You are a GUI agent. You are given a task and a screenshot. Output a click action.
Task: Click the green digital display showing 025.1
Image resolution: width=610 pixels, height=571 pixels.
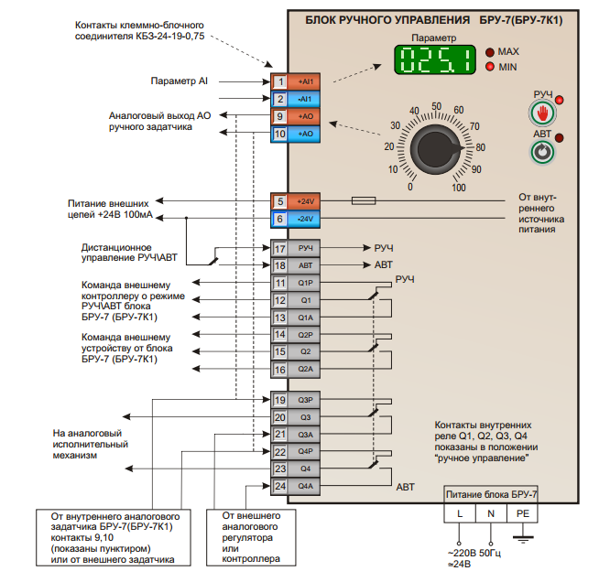tap(434, 59)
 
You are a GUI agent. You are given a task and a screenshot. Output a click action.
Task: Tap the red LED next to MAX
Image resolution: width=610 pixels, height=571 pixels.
tap(490, 51)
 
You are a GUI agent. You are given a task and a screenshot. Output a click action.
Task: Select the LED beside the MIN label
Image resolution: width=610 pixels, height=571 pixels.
tap(490, 67)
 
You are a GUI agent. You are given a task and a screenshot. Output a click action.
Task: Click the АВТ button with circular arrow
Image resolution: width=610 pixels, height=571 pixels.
tap(543, 152)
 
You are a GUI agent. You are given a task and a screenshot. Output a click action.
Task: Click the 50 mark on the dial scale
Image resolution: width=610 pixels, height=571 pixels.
tap(437, 106)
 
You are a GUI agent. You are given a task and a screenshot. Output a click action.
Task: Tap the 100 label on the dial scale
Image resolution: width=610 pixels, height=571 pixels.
tap(459, 188)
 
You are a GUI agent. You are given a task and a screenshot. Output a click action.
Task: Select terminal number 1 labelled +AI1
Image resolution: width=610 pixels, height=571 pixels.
tap(296, 81)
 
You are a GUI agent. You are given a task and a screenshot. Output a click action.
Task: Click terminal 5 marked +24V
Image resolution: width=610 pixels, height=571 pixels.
tap(296, 201)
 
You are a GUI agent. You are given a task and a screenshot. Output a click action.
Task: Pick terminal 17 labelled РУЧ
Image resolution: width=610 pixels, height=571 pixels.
tap(296, 248)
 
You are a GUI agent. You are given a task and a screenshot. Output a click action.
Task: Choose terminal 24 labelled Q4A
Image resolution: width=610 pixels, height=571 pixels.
tap(296, 486)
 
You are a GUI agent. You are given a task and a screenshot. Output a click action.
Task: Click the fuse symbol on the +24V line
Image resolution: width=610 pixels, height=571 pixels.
tap(364, 200)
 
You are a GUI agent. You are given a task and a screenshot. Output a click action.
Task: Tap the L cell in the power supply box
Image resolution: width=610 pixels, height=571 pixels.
tap(460, 513)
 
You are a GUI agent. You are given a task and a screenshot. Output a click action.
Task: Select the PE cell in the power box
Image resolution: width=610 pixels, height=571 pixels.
tap(522, 513)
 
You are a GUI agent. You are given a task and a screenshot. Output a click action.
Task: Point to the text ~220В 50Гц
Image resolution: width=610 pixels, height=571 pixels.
tap(474, 553)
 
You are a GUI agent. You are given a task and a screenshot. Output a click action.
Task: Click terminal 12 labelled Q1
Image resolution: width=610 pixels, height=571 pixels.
tap(296, 300)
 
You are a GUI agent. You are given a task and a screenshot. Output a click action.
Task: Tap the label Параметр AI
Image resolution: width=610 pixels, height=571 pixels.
tap(179, 81)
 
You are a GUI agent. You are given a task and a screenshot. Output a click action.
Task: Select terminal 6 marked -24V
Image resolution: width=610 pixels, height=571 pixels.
tap(296, 219)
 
